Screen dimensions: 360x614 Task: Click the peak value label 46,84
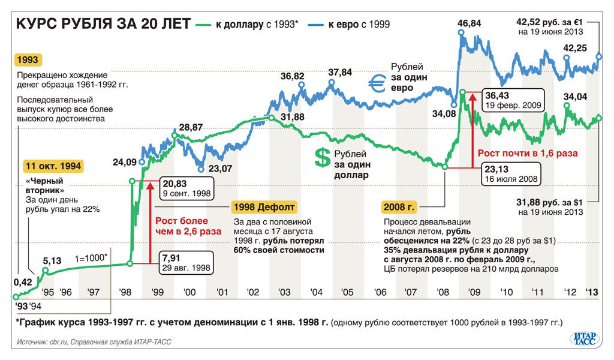[469, 23]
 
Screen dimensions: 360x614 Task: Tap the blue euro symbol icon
[378, 85]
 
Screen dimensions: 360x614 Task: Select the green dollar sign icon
[323, 158]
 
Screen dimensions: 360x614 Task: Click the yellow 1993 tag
[28, 60]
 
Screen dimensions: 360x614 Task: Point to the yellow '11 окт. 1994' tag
[53, 165]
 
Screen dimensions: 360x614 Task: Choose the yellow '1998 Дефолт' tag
[263, 208]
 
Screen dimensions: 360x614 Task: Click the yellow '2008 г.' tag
[399, 208]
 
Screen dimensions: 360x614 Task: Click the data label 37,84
[340, 73]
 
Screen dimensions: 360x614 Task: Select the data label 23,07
[219, 169]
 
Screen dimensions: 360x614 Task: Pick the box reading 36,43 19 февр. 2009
[513, 100]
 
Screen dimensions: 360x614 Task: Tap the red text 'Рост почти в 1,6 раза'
[528, 153]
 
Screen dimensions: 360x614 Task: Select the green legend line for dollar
[202, 25]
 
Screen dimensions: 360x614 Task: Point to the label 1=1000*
[91, 258]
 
